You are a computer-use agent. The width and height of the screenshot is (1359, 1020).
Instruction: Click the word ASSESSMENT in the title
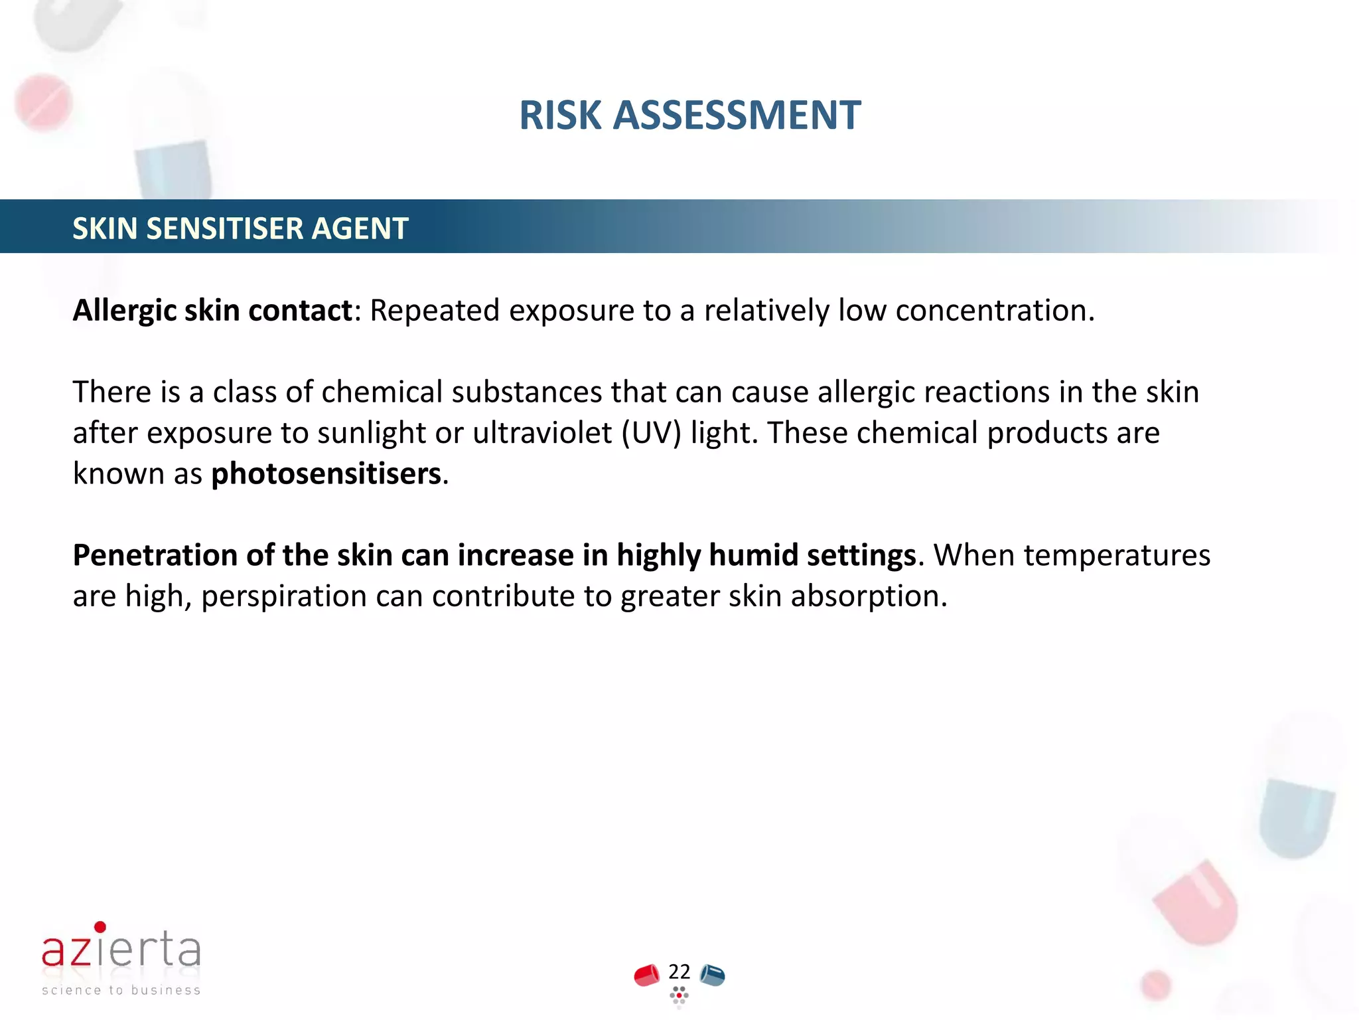(737, 116)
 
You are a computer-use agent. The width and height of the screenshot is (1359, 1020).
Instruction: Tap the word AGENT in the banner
(360, 228)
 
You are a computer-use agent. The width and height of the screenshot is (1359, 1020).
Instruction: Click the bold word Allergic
(123, 311)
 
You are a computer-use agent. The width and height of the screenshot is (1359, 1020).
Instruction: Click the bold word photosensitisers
(326, 474)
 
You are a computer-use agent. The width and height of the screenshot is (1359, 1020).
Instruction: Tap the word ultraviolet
(542, 433)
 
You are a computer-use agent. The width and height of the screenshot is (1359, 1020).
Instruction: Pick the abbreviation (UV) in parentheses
(652, 433)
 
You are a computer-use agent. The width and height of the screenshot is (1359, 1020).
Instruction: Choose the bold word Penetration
(155, 555)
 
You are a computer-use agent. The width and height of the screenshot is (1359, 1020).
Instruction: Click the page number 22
(679, 972)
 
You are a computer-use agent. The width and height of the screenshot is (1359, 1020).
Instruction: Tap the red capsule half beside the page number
(646, 976)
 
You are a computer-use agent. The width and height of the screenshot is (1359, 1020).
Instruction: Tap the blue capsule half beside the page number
(712, 976)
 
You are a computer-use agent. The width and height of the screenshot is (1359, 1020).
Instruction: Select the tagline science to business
(121, 990)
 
